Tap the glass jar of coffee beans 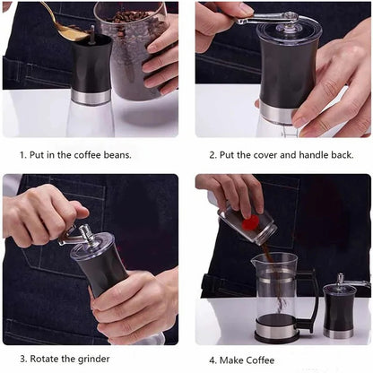pyautogui.click(x=132, y=51)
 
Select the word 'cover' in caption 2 pyautogui.click(x=265, y=155)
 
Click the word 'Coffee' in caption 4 pyautogui.click(x=260, y=360)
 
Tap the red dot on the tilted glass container pyautogui.click(x=250, y=222)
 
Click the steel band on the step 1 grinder pyautogui.click(x=91, y=97)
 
